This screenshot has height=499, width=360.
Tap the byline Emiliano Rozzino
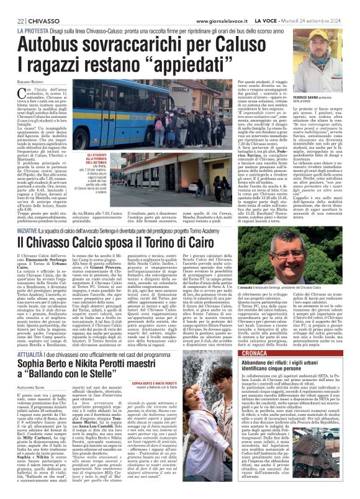(32, 83)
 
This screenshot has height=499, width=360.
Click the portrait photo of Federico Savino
(323, 71)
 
